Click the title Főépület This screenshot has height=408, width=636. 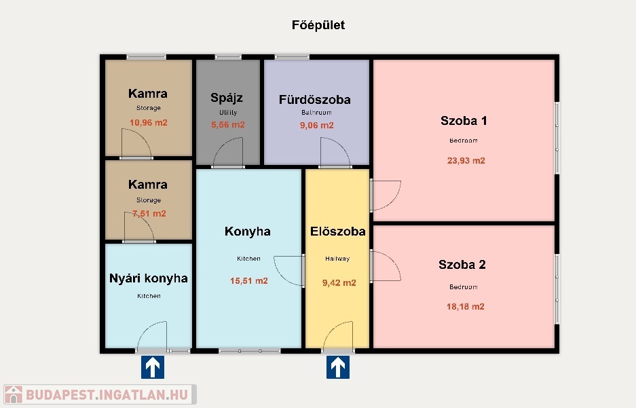click(x=318, y=25)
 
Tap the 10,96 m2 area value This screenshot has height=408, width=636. click(x=149, y=122)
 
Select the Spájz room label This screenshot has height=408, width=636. click(x=227, y=98)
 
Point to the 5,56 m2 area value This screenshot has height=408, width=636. click(x=228, y=125)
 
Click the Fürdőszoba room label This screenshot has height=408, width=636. click(x=315, y=99)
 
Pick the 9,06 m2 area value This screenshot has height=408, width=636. click(x=317, y=126)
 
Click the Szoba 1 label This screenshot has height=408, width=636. click(x=464, y=120)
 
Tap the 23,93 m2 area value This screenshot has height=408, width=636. click(x=466, y=161)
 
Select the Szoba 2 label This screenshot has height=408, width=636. click(x=462, y=265)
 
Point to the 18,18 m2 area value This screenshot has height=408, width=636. click(x=465, y=307)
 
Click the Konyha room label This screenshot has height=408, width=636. click(x=248, y=231)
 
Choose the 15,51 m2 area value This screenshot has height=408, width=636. click(x=248, y=280)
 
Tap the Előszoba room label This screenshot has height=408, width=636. click(x=338, y=231)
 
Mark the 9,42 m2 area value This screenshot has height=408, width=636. click(x=339, y=282)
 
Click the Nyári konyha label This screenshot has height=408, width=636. click(x=149, y=278)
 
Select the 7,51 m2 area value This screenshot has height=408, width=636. click(x=149, y=214)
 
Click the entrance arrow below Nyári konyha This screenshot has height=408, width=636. click(x=153, y=367)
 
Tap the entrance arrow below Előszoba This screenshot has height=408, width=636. click(x=338, y=367)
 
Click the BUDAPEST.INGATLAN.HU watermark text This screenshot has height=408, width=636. click(x=107, y=394)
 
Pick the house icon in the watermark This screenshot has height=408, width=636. click(x=14, y=394)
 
